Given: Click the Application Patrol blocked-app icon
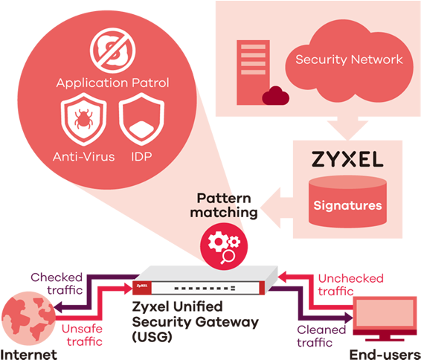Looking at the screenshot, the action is tap(113, 51).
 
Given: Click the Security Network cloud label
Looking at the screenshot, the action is tap(349, 60).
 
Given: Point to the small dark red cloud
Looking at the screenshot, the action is tap(276, 95).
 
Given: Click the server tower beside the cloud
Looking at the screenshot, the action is tap(253, 72).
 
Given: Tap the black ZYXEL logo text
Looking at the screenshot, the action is tap(347, 159).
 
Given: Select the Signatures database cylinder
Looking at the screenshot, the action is tap(347, 202).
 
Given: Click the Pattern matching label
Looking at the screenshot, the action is tap(224, 205).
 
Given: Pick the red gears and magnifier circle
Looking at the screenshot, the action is tap(224, 246).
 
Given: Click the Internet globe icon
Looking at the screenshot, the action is tap(28, 318).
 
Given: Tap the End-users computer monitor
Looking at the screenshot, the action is tap(385, 318).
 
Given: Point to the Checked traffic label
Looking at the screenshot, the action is tap(57, 283).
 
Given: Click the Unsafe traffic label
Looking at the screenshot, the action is tap(82, 335).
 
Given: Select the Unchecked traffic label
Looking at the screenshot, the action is tap(350, 285).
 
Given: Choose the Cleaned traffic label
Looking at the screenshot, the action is tap(321, 336).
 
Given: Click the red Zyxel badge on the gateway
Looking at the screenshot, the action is tap(142, 288).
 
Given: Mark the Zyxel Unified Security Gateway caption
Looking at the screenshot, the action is tap(196, 322).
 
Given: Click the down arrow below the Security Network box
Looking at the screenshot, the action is tap(347, 129).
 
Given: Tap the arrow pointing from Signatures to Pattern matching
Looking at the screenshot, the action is tap(277, 208).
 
